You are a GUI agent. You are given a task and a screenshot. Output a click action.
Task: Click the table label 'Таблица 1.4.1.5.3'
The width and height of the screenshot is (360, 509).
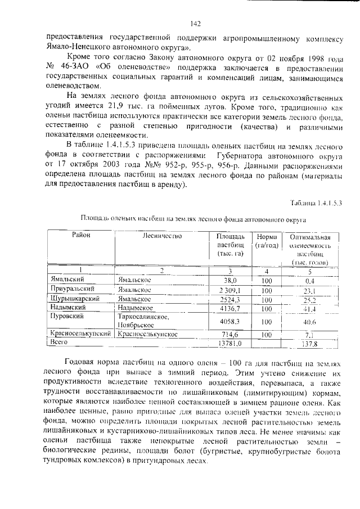[x=316, y=202]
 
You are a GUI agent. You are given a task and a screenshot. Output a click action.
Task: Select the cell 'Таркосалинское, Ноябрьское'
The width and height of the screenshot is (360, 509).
[x=148, y=321]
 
